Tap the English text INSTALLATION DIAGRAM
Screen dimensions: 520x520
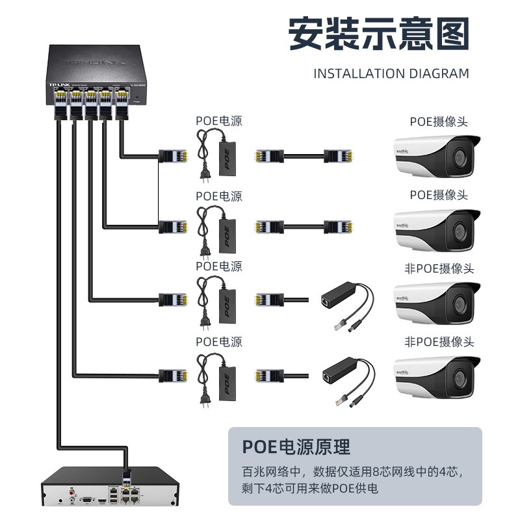pyautogui.click(x=391, y=73)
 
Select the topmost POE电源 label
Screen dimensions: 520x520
pyautogui.click(x=219, y=121)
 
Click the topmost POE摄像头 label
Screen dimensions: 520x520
pyautogui.click(x=439, y=122)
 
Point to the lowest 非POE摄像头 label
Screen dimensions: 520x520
pyautogui.click(x=439, y=341)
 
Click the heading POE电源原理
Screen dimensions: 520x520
pyautogui.click(x=296, y=447)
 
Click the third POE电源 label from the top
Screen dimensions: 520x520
pyautogui.click(x=219, y=266)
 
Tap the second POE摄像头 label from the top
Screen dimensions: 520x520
pyautogui.click(x=439, y=195)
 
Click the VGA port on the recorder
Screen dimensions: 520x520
pyautogui.click(x=85, y=499)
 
